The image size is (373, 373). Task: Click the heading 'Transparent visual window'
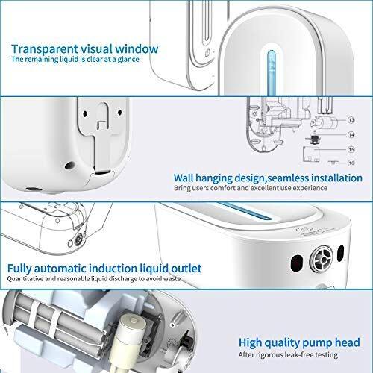[84, 48]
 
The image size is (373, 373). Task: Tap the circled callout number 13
[351, 120]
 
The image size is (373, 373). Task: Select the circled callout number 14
[351, 135]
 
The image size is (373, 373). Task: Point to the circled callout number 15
[351, 149]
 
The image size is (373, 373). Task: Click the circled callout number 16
[351, 163]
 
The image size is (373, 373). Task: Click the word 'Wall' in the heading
[184, 178]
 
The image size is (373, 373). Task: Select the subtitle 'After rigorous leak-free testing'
[288, 354]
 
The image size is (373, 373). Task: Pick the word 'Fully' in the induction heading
[19, 269]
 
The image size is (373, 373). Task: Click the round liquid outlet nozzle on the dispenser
[322, 259]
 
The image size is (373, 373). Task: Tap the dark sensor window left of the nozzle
[297, 263]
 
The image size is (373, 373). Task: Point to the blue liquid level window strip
[272, 72]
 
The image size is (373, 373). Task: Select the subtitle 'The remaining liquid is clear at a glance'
[75, 59]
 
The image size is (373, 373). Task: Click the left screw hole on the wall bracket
[85, 113]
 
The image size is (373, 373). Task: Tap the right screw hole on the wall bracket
[119, 113]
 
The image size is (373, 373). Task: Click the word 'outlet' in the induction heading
[186, 269]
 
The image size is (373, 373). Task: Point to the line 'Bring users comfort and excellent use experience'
[251, 188]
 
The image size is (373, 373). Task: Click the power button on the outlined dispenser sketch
[207, 53]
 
